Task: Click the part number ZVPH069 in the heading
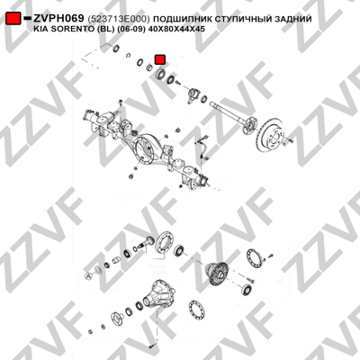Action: [58, 19]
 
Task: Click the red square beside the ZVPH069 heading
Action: [13, 19]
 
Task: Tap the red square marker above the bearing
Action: [160, 59]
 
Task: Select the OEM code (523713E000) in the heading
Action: [119, 19]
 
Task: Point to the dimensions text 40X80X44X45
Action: [177, 29]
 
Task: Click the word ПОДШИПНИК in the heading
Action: [182, 19]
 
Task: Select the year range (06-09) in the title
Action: [131, 29]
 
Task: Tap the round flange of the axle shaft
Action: [249, 125]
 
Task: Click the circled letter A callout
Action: [88, 275]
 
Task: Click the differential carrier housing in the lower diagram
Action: [158, 294]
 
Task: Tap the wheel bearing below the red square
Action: [160, 74]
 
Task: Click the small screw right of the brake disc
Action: [291, 139]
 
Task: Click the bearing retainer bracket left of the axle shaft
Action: [193, 95]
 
